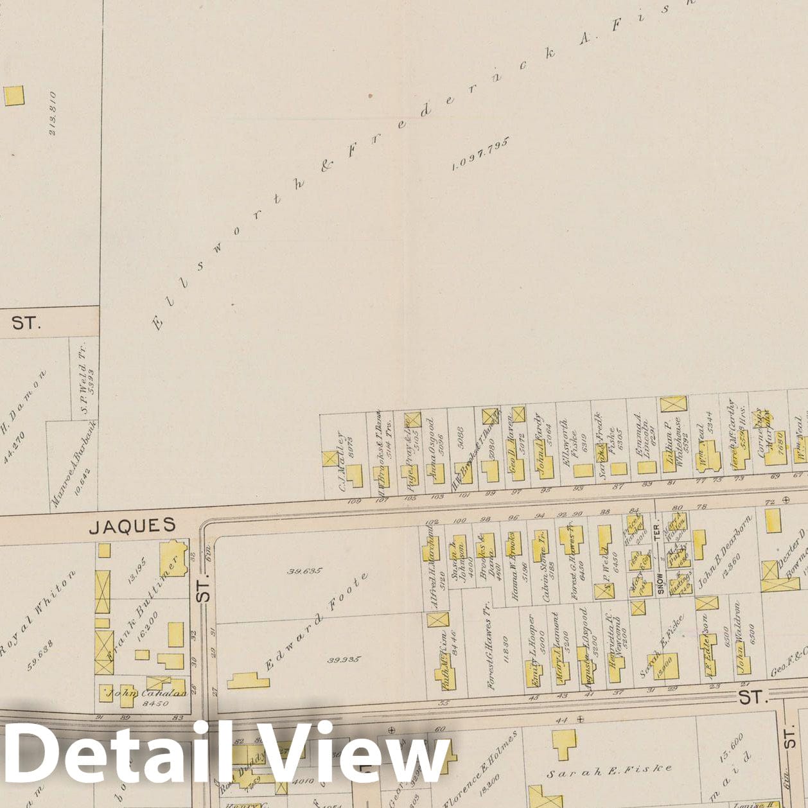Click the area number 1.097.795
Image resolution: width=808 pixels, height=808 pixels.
[480, 154]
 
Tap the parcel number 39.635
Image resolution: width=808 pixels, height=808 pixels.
[305, 570]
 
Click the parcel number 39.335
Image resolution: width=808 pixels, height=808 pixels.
[344, 660]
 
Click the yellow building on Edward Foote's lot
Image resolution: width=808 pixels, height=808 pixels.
[248, 681]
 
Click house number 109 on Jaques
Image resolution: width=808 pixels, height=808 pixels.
[353, 501]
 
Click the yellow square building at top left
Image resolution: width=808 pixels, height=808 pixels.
[13, 96]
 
